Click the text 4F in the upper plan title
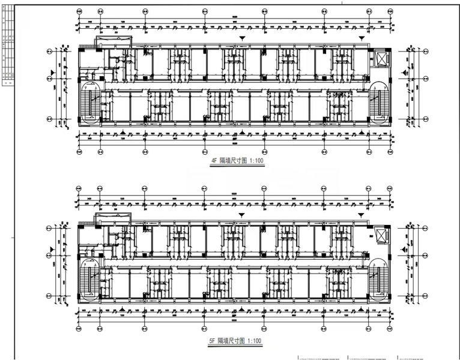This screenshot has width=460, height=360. click(213, 161)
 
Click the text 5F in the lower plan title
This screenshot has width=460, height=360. click(212, 341)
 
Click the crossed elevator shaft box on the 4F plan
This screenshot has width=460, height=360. click(381, 58)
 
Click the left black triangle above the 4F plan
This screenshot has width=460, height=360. click(242, 38)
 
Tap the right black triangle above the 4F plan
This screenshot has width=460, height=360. click(362, 38)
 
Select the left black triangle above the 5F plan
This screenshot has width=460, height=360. click(242, 214)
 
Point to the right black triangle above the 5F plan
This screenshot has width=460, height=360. click(362, 214)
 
